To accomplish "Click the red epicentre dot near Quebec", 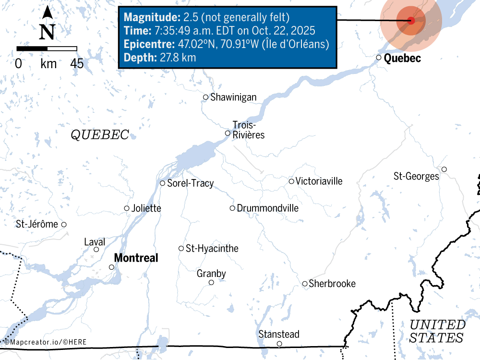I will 411,21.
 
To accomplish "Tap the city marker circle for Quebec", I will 379,58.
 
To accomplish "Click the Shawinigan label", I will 233,97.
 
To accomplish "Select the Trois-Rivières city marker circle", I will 228,133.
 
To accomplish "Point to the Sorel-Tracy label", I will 190,183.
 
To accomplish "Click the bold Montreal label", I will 136,258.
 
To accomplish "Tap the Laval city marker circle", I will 96,249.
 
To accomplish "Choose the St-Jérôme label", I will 36,224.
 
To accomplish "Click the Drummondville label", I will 267,208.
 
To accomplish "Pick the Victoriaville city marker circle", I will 291,181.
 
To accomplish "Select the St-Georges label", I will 416,177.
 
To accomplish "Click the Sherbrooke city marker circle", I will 305,284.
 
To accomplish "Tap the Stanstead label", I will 279,334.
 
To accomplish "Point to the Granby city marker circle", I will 211,282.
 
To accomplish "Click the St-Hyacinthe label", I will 212,249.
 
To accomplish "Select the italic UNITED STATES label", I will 437,331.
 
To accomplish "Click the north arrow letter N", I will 47,32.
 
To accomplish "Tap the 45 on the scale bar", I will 77,63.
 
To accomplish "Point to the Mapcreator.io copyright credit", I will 38,342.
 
